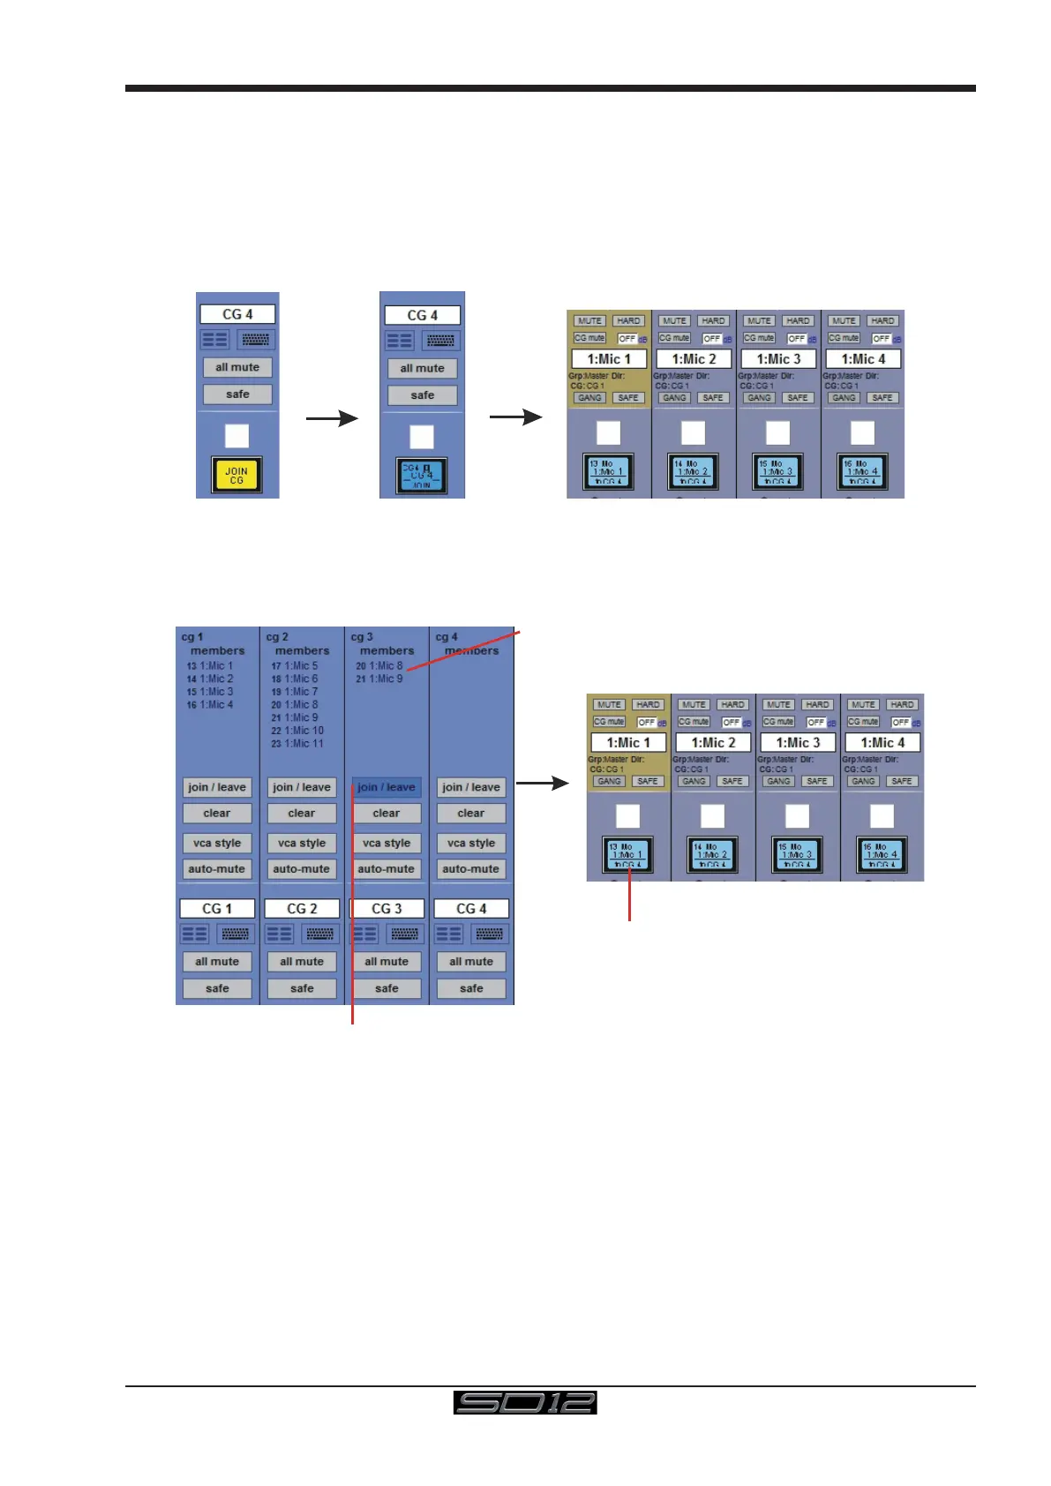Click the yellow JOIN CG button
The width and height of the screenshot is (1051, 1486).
[x=236, y=475]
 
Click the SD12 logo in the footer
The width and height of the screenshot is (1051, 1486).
[x=525, y=1402]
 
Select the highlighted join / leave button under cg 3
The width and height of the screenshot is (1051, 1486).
[x=386, y=787]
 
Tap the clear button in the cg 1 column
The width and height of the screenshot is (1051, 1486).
[x=217, y=814]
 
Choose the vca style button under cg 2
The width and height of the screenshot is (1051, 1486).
[x=302, y=843]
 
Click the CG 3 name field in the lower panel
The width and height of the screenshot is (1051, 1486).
[x=387, y=908]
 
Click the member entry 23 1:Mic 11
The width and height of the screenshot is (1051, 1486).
[x=297, y=744]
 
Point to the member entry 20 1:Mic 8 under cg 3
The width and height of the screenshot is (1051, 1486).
[x=379, y=666]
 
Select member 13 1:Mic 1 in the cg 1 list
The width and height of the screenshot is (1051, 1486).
[x=210, y=666]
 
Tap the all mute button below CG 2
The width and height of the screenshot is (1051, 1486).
[x=302, y=962]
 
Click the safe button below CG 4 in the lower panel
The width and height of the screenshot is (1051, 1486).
[x=471, y=988]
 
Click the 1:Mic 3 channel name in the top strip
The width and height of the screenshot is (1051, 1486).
[x=778, y=359]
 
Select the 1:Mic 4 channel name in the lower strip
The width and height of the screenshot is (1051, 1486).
[x=882, y=743]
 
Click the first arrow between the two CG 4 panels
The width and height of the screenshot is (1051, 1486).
[x=332, y=418]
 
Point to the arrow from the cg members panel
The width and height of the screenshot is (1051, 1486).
[x=542, y=783]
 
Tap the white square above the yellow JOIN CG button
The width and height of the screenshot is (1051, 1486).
[x=236, y=435]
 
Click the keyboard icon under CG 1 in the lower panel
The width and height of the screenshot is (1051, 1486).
[x=235, y=934]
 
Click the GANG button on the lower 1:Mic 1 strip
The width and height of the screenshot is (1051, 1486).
[x=609, y=781]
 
